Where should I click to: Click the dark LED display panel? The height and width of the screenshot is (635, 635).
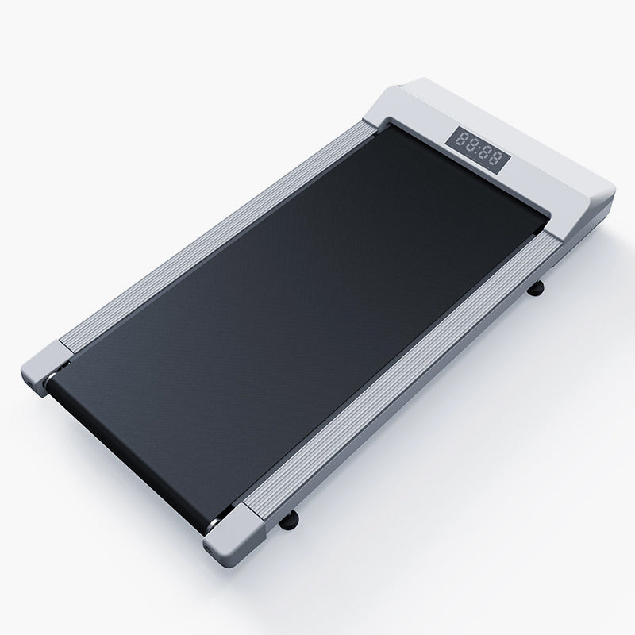coord(478,150)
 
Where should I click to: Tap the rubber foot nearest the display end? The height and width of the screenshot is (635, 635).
coord(535,288)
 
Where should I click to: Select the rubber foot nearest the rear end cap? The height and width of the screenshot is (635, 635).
coord(288,520)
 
